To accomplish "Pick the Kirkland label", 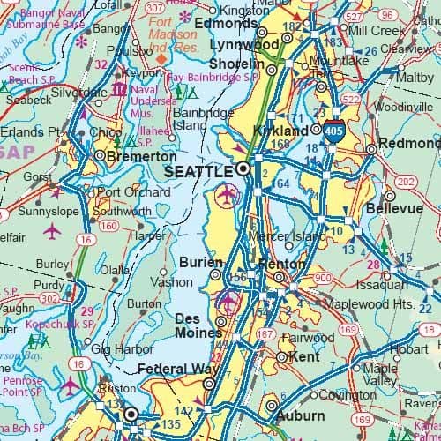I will [x=267, y=130].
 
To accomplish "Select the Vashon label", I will [x=176, y=282].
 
